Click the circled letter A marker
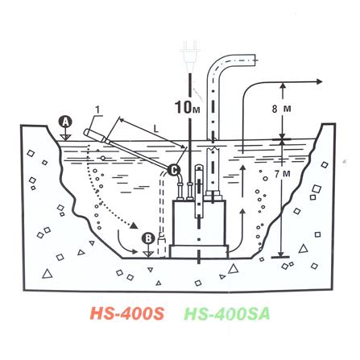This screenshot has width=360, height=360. (x=66, y=122)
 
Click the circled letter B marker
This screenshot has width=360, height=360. (x=147, y=238)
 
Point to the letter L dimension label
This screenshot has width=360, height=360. (x=155, y=128)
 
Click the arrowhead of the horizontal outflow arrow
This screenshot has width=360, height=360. (x=318, y=80)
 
